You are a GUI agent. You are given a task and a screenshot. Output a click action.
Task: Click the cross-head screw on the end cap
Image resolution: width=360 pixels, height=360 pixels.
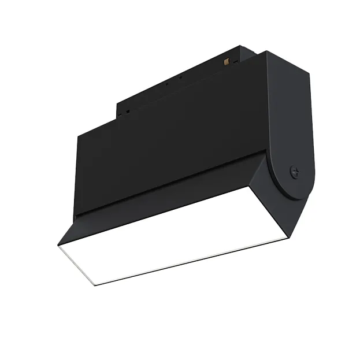tap(294, 172)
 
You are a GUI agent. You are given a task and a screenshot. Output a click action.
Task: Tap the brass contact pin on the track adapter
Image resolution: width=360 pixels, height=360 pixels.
tap(228, 60)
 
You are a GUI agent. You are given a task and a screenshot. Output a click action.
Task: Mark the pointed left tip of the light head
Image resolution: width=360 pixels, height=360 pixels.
tap(58, 244)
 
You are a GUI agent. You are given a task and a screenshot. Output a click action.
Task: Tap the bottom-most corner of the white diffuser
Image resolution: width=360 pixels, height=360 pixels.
tap(94, 284)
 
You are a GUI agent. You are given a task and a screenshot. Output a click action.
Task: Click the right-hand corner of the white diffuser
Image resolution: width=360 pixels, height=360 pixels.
tap(287, 236)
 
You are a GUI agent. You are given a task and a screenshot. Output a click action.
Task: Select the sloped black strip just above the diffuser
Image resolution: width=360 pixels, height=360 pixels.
tap(168, 199)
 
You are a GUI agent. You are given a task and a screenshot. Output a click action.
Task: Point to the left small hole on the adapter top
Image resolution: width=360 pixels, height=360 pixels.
tap(167, 83)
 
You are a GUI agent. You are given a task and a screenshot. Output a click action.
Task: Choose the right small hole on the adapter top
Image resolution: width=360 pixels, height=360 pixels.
tap(180, 77)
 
